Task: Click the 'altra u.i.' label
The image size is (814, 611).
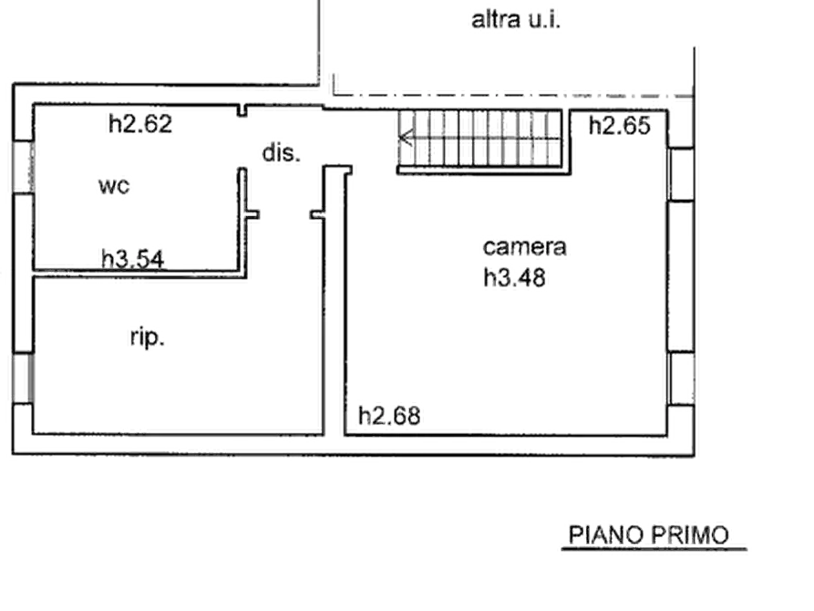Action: [x=516, y=20]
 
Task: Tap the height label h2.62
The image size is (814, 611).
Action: [x=140, y=124]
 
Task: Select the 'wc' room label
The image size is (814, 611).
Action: [x=114, y=186]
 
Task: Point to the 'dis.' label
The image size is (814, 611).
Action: [x=282, y=153]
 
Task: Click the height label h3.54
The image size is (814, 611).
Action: [x=133, y=259]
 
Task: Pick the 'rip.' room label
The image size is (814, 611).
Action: [x=148, y=337]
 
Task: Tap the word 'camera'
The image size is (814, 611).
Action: [x=524, y=247]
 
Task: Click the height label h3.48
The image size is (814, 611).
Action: [x=514, y=278]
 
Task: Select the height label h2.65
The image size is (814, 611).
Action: [x=619, y=126]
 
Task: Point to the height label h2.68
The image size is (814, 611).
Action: [x=389, y=416]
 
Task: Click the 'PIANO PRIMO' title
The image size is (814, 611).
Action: [x=649, y=535]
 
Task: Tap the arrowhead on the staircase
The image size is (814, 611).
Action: [x=406, y=139]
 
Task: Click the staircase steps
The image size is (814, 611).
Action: [x=480, y=139]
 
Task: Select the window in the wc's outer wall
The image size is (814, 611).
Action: [x=24, y=166]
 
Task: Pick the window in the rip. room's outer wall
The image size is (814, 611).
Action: [x=24, y=378]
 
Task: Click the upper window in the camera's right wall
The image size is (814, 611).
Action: [x=681, y=174]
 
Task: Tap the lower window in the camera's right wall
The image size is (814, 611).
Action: [x=681, y=378]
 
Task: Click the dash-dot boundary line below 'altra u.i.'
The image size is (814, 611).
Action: [x=513, y=95]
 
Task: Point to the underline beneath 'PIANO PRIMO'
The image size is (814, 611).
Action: [x=654, y=549]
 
